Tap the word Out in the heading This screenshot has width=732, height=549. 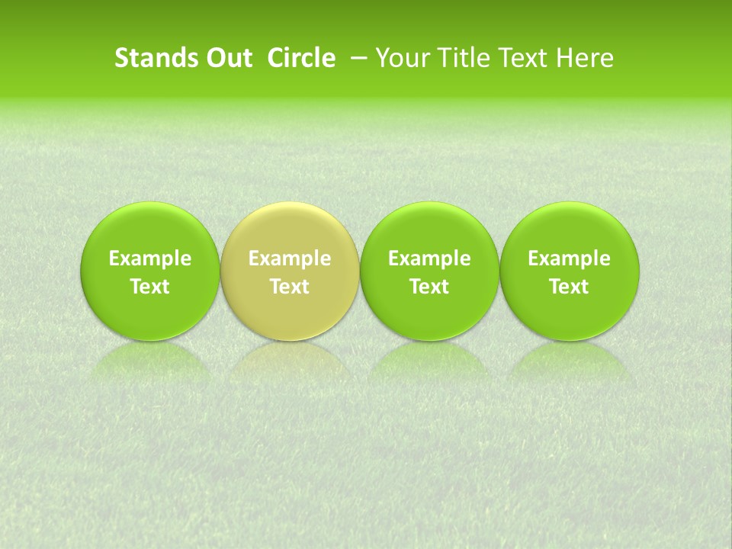tap(228, 58)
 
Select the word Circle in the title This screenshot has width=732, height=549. tap(301, 58)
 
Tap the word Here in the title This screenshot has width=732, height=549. tap(586, 58)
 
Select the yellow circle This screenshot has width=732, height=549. tap(290, 271)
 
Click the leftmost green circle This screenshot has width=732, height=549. tap(150, 271)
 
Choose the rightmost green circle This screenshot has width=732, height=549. tap(569, 271)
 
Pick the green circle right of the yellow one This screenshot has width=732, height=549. tap(429, 271)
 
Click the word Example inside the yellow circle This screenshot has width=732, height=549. tap(290, 258)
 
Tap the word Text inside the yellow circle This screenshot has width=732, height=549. tap(290, 287)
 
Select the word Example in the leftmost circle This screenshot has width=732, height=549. tap(150, 258)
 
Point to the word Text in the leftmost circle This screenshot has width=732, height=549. tap(150, 287)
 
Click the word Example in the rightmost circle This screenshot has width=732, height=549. tap(569, 258)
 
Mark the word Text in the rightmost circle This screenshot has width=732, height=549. tap(569, 287)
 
